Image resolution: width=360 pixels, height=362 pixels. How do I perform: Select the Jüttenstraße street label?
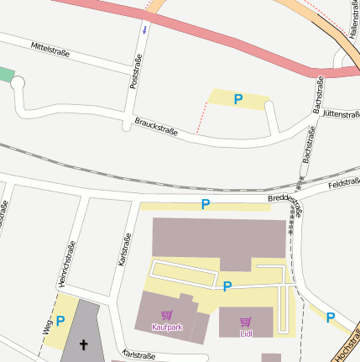(x=340, y=113)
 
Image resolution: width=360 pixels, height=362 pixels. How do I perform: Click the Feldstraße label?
(x=344, y=183)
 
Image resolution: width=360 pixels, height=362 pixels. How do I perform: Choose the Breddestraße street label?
(x=285, y=204)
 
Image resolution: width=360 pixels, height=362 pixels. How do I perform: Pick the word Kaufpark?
(x=167, y=327)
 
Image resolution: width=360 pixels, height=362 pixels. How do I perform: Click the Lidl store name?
(x=246, y=333)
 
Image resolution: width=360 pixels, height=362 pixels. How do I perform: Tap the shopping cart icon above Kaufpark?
(x=167, y=315)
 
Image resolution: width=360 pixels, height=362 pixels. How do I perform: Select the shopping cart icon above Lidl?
(x=246, y=321)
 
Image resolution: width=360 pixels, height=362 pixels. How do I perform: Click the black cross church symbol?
(x=83, y=344)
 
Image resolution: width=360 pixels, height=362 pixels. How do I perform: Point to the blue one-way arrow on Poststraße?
(x=143, y=30)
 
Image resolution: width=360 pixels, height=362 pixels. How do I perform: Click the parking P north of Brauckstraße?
(x=238, y=99)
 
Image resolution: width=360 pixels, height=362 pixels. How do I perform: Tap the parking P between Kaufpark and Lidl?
(x=227, y=286)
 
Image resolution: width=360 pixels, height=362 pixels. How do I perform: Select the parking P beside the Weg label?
(x=60, y=320)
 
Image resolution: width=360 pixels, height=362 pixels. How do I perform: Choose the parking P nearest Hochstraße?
(x=330, y=317)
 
